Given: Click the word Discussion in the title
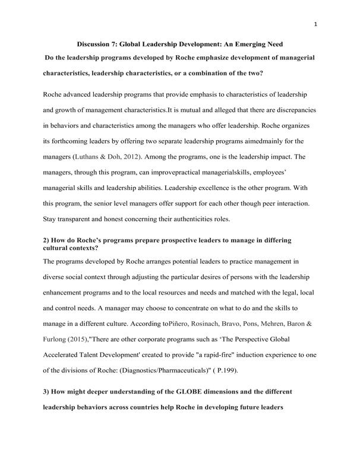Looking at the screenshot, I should pyautogui.click(x=98, y=45).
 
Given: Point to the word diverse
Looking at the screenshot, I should pyautogui.click(x=56, y=277).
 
